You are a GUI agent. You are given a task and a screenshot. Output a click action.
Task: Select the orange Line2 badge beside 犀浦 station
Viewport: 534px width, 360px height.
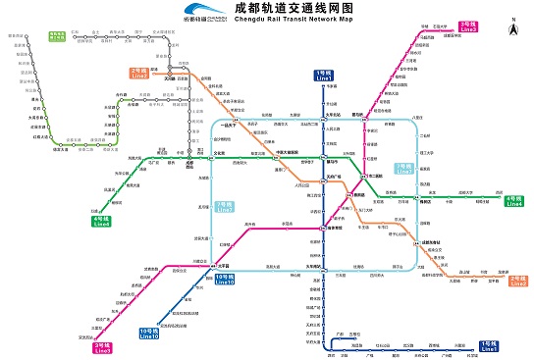[137, 73]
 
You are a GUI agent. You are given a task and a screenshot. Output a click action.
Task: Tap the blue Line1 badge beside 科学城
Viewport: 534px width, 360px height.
[489, 346]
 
